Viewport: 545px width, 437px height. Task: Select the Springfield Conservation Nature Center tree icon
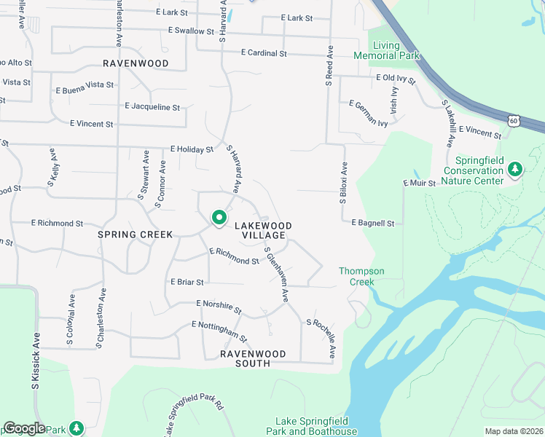click(x=515, y=170)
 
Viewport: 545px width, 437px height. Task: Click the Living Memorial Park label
click(x=386, y=50)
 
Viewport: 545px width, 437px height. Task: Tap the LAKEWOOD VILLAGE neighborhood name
click(x=262, y=231)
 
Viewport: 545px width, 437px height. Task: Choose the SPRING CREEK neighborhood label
click(x=136, y=235)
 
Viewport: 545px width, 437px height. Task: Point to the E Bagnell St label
click(x=372, y=223)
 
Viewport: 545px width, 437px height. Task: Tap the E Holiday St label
click(x=192, y=149)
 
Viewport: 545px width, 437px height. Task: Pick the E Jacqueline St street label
click(x=152, y=107)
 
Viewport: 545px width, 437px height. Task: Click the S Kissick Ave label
click(x=34, y=362)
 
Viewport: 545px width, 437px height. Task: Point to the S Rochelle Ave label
click(x=321, y=339)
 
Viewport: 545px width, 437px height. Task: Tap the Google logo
click(x=24, y=428)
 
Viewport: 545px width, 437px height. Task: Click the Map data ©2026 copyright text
click(x=514, y=431)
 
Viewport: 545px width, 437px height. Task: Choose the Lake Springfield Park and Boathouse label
click(x=316, y=426)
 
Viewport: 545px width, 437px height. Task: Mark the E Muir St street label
click(x=419, y=183)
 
